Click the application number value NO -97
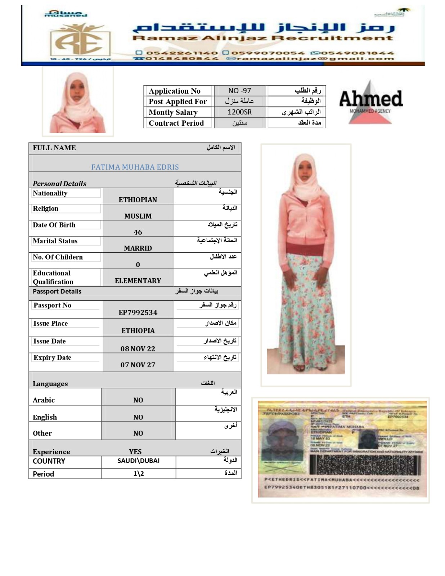[239, 91]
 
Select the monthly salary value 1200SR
[239, 112]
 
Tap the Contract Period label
[176, 123]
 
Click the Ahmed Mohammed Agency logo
[370, 102]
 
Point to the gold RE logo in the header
[80, 40]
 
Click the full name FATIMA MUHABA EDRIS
[135, 167]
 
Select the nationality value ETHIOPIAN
[138, 200]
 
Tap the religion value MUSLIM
[138, 216]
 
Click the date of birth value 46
[138, 232]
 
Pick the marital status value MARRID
[138, 248]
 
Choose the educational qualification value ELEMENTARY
[138, 281]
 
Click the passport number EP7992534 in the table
[138, 312]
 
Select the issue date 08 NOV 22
[138, 348]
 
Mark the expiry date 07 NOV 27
[138, 365]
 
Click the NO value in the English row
[138, 417]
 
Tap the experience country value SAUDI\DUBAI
[139, 461]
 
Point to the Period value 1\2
[139, 474]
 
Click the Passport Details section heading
[57, 292]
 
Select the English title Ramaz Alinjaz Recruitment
[262, 38]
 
